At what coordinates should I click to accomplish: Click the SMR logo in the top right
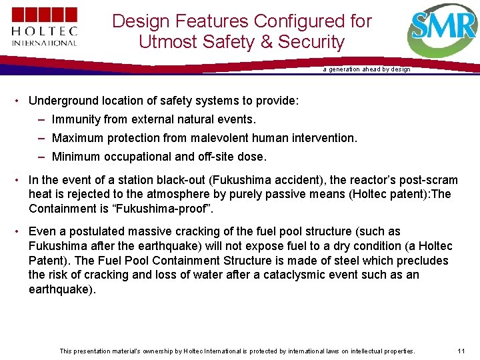click(442, 31)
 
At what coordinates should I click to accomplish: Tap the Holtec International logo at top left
click(44, 27)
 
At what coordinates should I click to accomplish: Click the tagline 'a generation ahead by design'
click(367, 69)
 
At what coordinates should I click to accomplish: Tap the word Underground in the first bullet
click(63, 101)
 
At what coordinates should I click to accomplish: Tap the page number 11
click(461, 351)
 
